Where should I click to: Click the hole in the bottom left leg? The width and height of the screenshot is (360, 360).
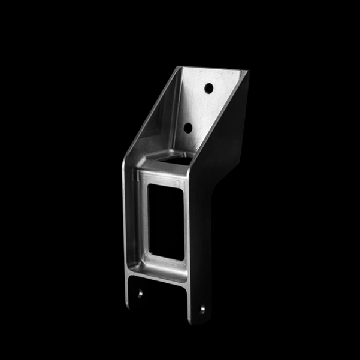coord(139,295)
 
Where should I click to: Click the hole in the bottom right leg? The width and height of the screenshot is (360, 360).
coord(202,309)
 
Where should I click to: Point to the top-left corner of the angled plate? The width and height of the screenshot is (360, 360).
coord(179,67)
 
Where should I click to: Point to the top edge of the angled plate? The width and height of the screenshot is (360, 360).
coord(213,68)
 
